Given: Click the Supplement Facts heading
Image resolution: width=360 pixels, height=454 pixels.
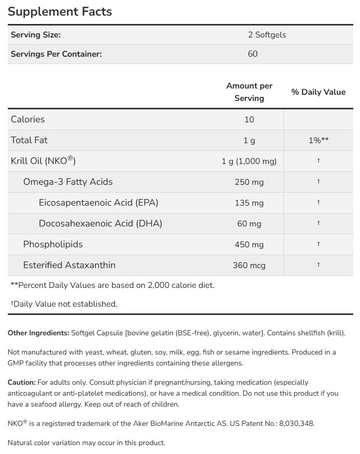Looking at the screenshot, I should pyautogui.click(x=60, y=11).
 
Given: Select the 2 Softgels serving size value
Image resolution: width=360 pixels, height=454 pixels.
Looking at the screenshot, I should pyautogui.click(x=267, y=35).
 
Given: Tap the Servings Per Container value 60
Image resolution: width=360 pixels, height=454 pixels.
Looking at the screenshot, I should pyautogui.click(x=253, y=54).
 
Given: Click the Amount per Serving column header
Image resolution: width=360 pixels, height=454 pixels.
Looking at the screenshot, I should pyautogui.click(x=249, y=92).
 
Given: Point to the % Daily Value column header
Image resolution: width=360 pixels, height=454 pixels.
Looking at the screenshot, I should pyautogui.click(x=318, y=92).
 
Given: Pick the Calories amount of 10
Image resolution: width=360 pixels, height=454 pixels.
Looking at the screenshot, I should pyautogui.click(x=249, y=119).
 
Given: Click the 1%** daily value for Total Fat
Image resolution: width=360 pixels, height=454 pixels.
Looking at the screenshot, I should pyautogui.click(x=318, y=140).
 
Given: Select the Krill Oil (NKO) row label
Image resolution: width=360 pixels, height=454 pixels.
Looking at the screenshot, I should pyautogui.click(x=43, y=161).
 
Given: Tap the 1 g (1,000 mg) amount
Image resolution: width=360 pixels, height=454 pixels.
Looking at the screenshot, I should pyautogui.click(x=249, y=161).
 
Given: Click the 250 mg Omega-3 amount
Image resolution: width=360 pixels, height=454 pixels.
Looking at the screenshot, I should pyautogui.click(x=249, y=182).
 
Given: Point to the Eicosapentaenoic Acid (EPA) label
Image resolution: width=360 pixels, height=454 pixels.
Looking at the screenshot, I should pyautogui.click(x=98, y=203).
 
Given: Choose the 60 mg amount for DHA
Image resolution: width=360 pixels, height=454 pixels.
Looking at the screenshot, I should pyautogui.click(x=249, y=223).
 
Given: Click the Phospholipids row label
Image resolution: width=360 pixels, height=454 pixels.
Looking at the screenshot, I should pyautogui.click(x=53, y=244).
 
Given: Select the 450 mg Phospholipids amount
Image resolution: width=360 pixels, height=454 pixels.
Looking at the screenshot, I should pyautogui.click(x=249, y=244).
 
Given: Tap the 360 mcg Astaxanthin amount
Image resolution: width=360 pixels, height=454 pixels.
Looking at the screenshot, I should pyautogui.click(x=249, y=265).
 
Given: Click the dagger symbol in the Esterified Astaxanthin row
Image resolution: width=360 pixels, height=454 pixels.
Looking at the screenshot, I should pyautogui.click(x=318, y=264).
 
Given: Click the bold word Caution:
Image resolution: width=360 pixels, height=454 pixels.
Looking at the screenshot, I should pyautogui.click(x=21, y=382).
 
